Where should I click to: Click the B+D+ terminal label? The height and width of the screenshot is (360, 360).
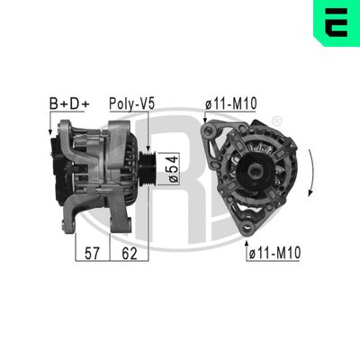pos(69,104)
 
